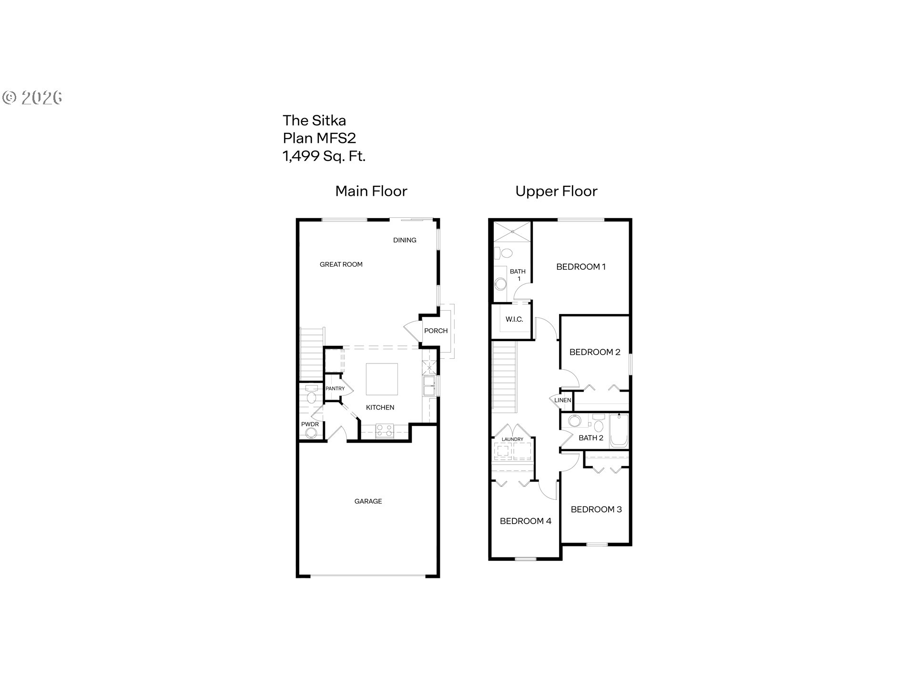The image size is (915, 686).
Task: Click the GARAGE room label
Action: pos(368,501)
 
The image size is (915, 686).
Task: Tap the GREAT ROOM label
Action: pos(341,264)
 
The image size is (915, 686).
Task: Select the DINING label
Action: pos(405,240)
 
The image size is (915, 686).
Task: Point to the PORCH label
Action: pos(436,331)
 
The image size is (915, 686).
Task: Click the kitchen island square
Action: pos(382,379)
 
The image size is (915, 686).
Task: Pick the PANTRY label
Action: pos(335,389)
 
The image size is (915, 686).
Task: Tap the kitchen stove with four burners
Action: pos(385,431)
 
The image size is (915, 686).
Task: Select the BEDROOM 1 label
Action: pos(581,267)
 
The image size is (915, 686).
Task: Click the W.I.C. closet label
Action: pos(514,319)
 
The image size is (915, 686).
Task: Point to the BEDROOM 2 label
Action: pos(595,352)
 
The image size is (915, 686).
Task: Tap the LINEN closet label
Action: pos(563,400)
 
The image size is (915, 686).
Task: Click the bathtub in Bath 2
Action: pos(619,431)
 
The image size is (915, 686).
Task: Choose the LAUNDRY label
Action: pos(513,439)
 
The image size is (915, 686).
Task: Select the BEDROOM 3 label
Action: pos(596,509)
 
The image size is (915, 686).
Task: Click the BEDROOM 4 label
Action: pos(526,521)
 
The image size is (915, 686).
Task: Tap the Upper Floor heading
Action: pos(556,191)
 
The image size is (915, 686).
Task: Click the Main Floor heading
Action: pos(371,191)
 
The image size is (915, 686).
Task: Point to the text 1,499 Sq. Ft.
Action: pos(324,156)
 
